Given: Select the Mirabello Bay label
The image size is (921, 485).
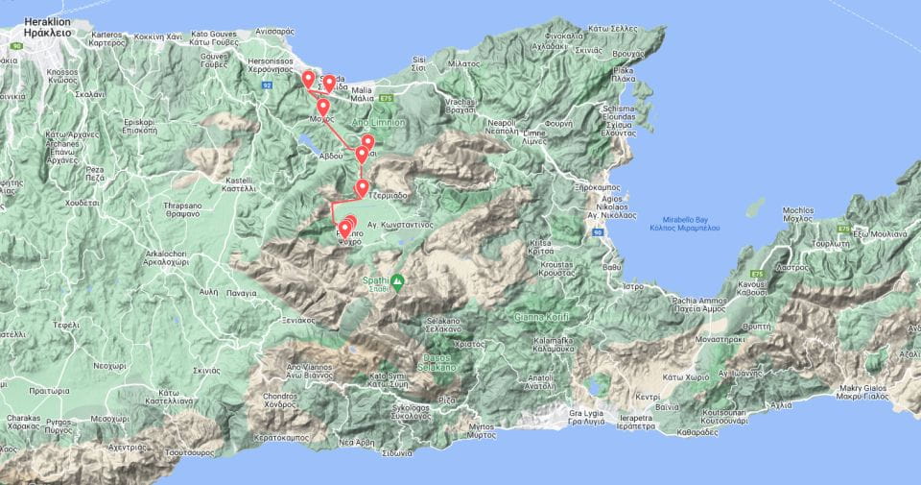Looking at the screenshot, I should point(705,219).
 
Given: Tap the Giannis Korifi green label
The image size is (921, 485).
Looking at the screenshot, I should point(542,318).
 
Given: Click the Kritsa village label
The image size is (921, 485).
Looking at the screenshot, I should point(541,249).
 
